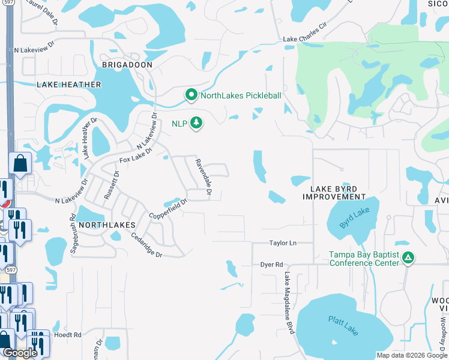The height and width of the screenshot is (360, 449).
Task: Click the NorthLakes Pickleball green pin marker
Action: click(x=191, y=95)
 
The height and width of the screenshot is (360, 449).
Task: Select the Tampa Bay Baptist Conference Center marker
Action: click(x=408, y=258)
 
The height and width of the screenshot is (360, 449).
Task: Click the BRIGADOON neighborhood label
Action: click(x=127, y=64)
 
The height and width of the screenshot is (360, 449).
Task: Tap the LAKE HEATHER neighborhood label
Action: click(x=69, y=85)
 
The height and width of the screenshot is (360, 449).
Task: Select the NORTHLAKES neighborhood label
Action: click(x=104, y=223)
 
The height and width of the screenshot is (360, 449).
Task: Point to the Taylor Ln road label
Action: click(x=283, y=244)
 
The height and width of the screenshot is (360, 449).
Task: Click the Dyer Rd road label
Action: click(x=271, y=264)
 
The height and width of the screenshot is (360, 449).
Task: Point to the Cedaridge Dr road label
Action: click(x=146, y=245)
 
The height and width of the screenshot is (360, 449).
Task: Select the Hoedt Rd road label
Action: click(x=67, y=335)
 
